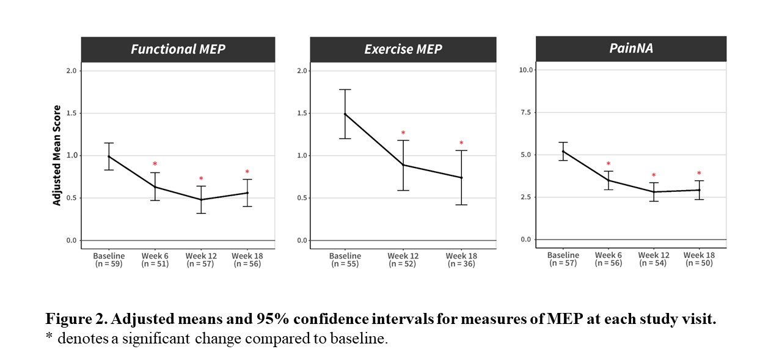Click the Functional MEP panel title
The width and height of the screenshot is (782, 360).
[178, 50]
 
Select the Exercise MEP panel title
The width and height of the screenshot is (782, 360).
[403, 50]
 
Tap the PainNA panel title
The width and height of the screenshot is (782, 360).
[631, 48]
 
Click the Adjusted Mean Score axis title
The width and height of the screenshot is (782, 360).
[57, 155]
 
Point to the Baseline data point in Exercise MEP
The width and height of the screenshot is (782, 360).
[345, 114]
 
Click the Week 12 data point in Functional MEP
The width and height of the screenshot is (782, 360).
[201, 199]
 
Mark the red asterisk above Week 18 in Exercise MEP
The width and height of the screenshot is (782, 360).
[461, 144]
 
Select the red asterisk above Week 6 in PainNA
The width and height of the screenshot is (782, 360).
[608, 164]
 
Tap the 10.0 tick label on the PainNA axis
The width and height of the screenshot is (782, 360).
[526, 70]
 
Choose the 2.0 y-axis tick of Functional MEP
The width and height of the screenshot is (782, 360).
[71, 71]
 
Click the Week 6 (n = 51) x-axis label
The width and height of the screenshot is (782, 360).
[155, 260]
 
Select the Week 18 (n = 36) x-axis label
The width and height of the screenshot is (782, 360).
[461, 260]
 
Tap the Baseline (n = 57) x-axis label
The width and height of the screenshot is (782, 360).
[563, 259]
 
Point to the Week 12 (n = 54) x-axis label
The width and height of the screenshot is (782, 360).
[653, 259]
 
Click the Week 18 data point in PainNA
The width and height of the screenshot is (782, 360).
[699, 190]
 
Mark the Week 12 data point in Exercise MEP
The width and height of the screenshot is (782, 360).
[403, 165]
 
